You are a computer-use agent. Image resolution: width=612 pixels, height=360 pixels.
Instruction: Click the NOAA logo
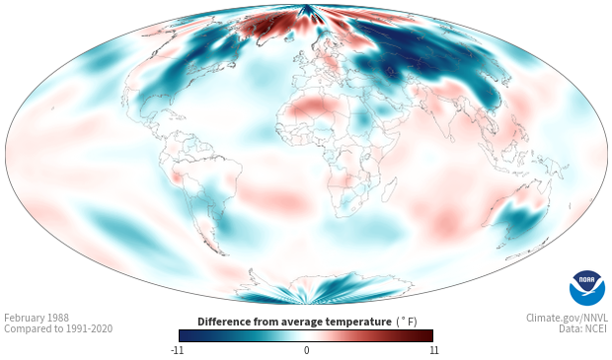587,288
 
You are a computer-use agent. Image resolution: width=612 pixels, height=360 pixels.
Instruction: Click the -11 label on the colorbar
177,350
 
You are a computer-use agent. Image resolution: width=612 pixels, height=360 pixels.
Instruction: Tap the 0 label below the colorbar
306,350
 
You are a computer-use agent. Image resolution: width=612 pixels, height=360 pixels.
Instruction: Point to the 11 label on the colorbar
433,350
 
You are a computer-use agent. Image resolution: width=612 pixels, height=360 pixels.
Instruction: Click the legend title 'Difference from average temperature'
294,322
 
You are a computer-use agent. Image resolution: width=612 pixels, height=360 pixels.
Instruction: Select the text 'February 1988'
37,318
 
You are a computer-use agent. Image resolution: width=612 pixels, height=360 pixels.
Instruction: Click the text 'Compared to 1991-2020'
58,328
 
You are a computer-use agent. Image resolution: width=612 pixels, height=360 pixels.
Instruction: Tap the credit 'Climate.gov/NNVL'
568,318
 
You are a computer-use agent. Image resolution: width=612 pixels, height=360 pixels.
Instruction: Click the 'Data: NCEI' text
583,328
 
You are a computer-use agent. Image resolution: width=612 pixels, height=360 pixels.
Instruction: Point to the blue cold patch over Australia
518,220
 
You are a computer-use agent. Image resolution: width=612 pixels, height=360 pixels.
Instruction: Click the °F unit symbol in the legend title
408,322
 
